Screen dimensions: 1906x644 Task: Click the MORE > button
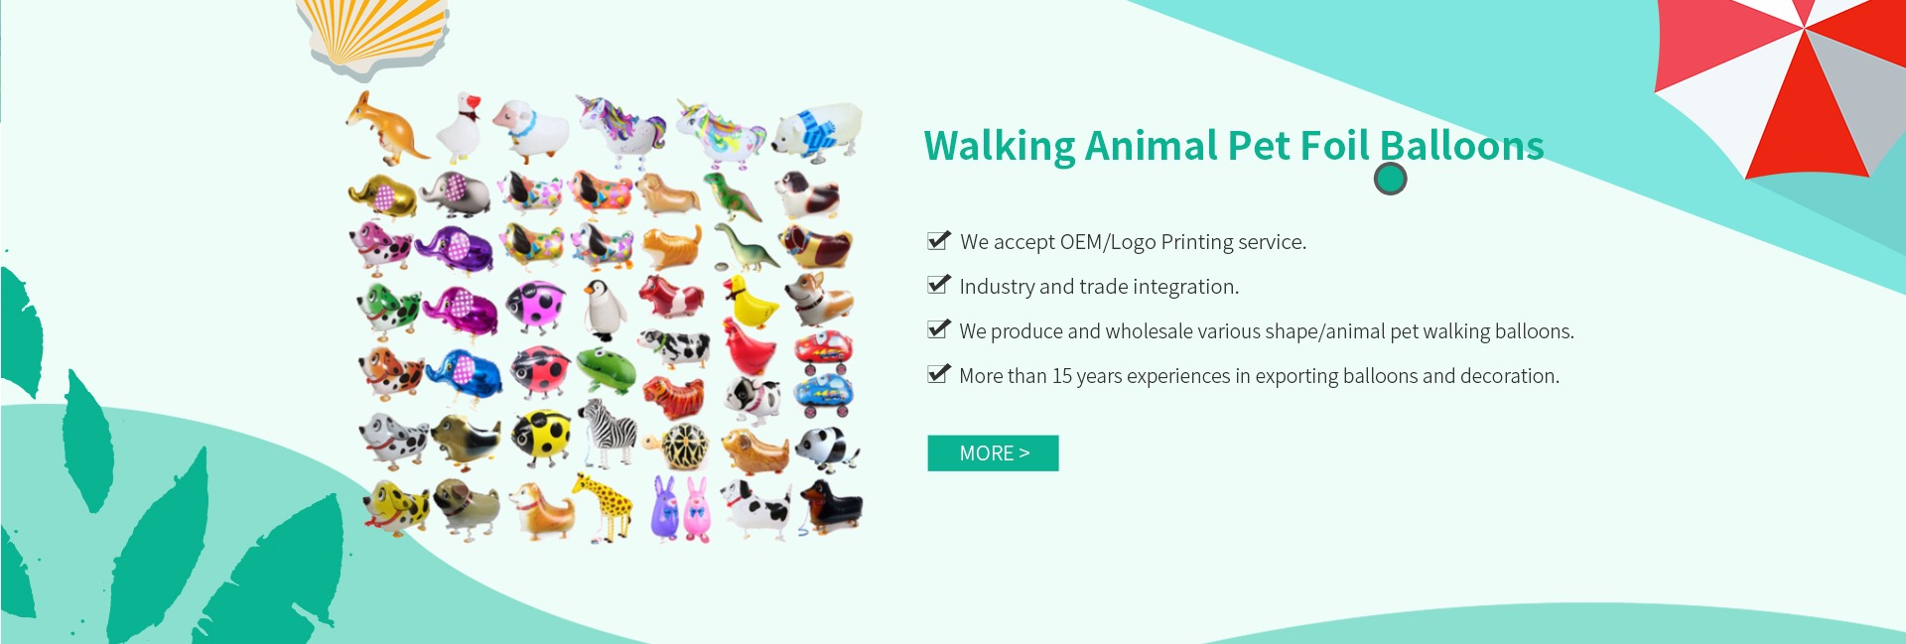[x=993, y=453]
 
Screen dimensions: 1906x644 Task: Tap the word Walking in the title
[x=999, y=147]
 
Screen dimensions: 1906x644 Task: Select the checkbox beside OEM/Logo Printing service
[x=938, y=240]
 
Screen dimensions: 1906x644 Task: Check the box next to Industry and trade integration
[x=938, y=285]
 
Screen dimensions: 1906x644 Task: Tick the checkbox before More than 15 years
[x=938, y=374]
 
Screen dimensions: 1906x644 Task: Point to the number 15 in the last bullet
[x=1062, y=376]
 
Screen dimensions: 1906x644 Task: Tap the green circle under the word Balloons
[x=1390, y=179]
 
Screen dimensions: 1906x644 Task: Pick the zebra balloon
[x=608, y=433]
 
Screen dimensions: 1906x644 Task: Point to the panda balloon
[x=827, y=449]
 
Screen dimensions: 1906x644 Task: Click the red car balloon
[x=823, y=349]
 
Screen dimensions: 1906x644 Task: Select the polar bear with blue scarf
[x=817, y=130]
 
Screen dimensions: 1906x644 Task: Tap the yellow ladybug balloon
[x=542, y=437]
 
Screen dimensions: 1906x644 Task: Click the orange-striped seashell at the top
[x=374, y=35]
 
